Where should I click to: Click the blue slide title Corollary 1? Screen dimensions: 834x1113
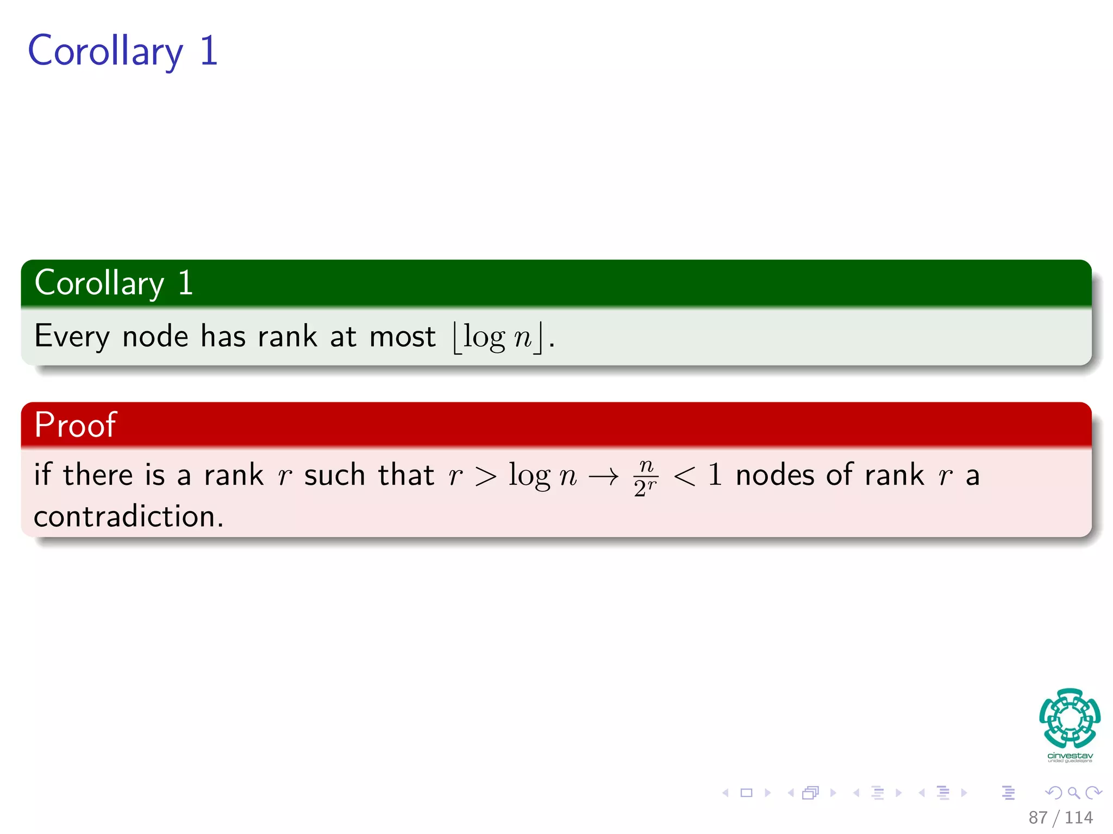[123, 51]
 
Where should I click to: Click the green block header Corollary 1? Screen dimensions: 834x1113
[114, 283]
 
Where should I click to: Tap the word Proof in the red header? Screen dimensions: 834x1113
[75, 425]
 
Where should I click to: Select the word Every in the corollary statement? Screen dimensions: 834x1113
[72, 337]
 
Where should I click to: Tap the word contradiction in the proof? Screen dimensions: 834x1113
[128, 516]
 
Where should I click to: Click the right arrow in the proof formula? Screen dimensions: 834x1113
[603, 477]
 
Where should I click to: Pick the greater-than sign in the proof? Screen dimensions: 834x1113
[485, 477]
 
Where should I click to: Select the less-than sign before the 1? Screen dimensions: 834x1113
[684, 477]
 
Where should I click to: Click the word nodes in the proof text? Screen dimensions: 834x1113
[774, 475]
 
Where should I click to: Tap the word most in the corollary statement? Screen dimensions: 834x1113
[402, 337]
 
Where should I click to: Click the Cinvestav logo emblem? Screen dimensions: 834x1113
[1070, 718]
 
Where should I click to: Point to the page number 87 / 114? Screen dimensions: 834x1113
[1060, 817]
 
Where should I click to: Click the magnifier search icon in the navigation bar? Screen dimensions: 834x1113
[1073, 793]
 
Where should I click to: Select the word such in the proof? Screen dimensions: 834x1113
[334, 475]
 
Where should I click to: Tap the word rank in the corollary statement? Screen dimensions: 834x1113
[287, 337]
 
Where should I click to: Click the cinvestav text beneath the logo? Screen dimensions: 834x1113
[1070, 756]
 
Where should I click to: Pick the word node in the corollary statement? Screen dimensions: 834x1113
[155, 337]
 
